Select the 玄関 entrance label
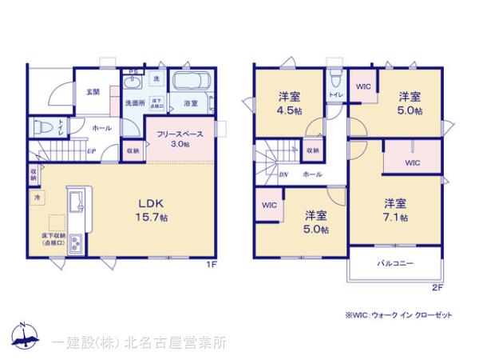[93, 92]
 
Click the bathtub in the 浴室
[190, 83]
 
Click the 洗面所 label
[133, 103]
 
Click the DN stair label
[283, 173]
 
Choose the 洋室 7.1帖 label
[396, 210]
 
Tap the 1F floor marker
[211, 264]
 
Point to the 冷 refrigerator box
[38, 196]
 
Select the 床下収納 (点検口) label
[55, 238]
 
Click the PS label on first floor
[133, 71]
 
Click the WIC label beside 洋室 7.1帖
[412, 162]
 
